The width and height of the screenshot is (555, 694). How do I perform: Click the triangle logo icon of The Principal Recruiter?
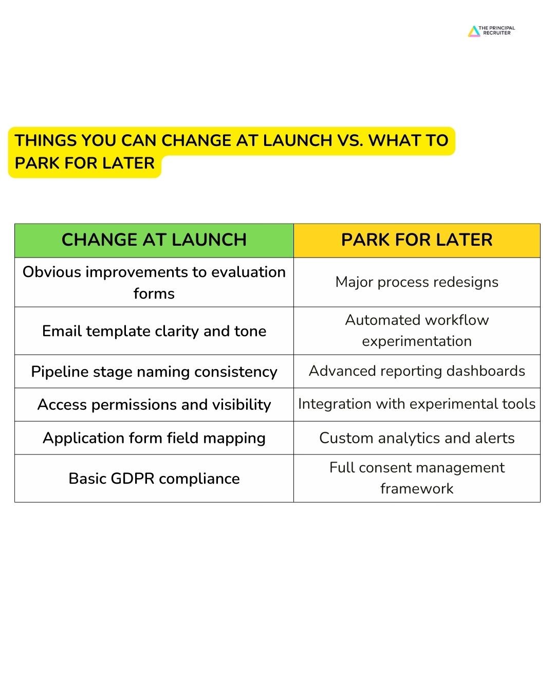coord(474,31)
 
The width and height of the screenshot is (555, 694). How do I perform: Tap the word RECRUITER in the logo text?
coord(496,33)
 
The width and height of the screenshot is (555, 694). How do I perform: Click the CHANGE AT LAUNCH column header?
coord(154,240)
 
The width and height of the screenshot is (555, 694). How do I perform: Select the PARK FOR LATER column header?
coord(417,240)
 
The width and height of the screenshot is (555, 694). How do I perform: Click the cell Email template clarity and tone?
coord(154,331)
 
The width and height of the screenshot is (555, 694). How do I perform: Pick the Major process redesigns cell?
coord(417,282)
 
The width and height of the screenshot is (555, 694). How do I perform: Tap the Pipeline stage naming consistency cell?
coord(154,372)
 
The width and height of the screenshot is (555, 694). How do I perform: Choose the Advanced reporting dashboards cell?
coord(417,371)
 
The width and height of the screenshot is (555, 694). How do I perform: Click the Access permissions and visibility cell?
coord(154,405)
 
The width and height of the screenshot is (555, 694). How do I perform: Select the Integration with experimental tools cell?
coord(417,404)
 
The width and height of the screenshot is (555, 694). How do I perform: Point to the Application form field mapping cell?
coord(154,438)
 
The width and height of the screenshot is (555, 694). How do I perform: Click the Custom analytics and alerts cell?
coord(417,438)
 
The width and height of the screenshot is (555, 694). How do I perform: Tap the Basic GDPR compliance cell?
coord(154,478)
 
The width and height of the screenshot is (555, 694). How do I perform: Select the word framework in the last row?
coord(417,488)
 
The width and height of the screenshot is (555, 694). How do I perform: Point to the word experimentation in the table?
coord(417,341)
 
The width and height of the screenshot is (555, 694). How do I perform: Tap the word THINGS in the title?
coord(45,140)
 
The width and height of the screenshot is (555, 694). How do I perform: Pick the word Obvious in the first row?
coord(51,272)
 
